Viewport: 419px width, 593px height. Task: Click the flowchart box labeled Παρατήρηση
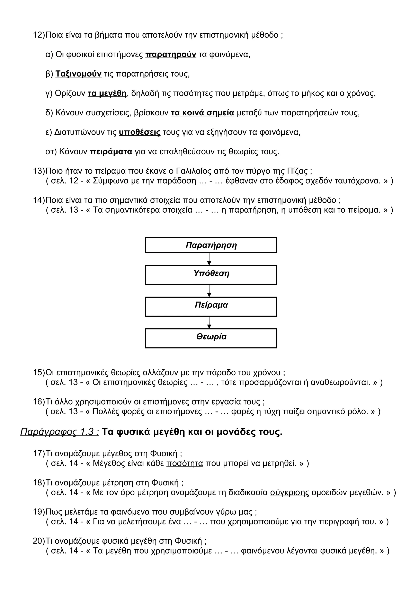[211, 245]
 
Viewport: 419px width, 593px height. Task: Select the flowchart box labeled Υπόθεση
[211, 275]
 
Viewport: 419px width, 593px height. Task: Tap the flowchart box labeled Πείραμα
[211, 307]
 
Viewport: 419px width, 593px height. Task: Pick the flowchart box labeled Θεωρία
[211, 338]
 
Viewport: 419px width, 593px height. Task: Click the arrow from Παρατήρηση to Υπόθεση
[209, 259]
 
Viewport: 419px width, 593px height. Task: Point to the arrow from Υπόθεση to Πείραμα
[209, 291]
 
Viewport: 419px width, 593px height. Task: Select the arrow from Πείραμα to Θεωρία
[209, 322]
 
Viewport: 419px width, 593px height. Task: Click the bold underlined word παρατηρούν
[171, 55]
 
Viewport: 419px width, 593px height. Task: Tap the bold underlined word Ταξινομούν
[79, 74]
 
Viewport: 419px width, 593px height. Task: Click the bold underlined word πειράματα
[111, 152]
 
